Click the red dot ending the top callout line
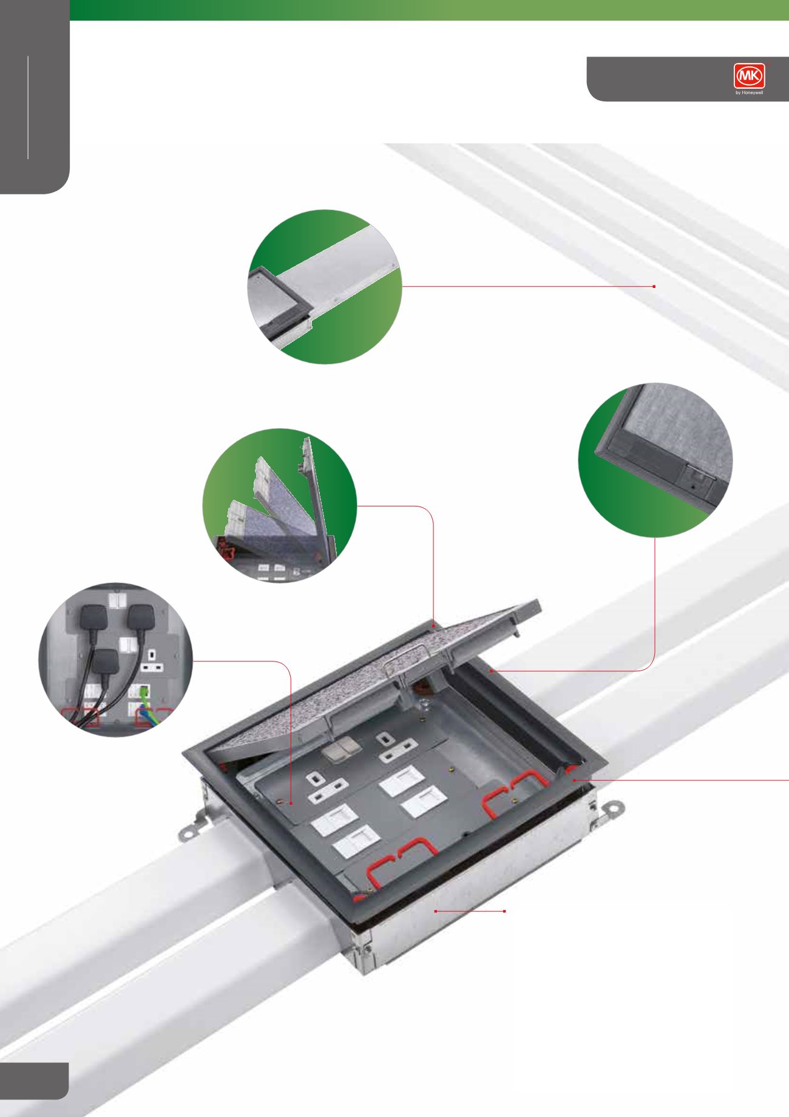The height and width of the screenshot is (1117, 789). [x=654, y=286]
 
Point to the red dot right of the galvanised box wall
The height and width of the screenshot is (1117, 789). [x=505, y=912]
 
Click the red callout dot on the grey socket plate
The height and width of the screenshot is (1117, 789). [x=291, y=803]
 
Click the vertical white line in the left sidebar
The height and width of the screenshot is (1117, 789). [x=28, y=107]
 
